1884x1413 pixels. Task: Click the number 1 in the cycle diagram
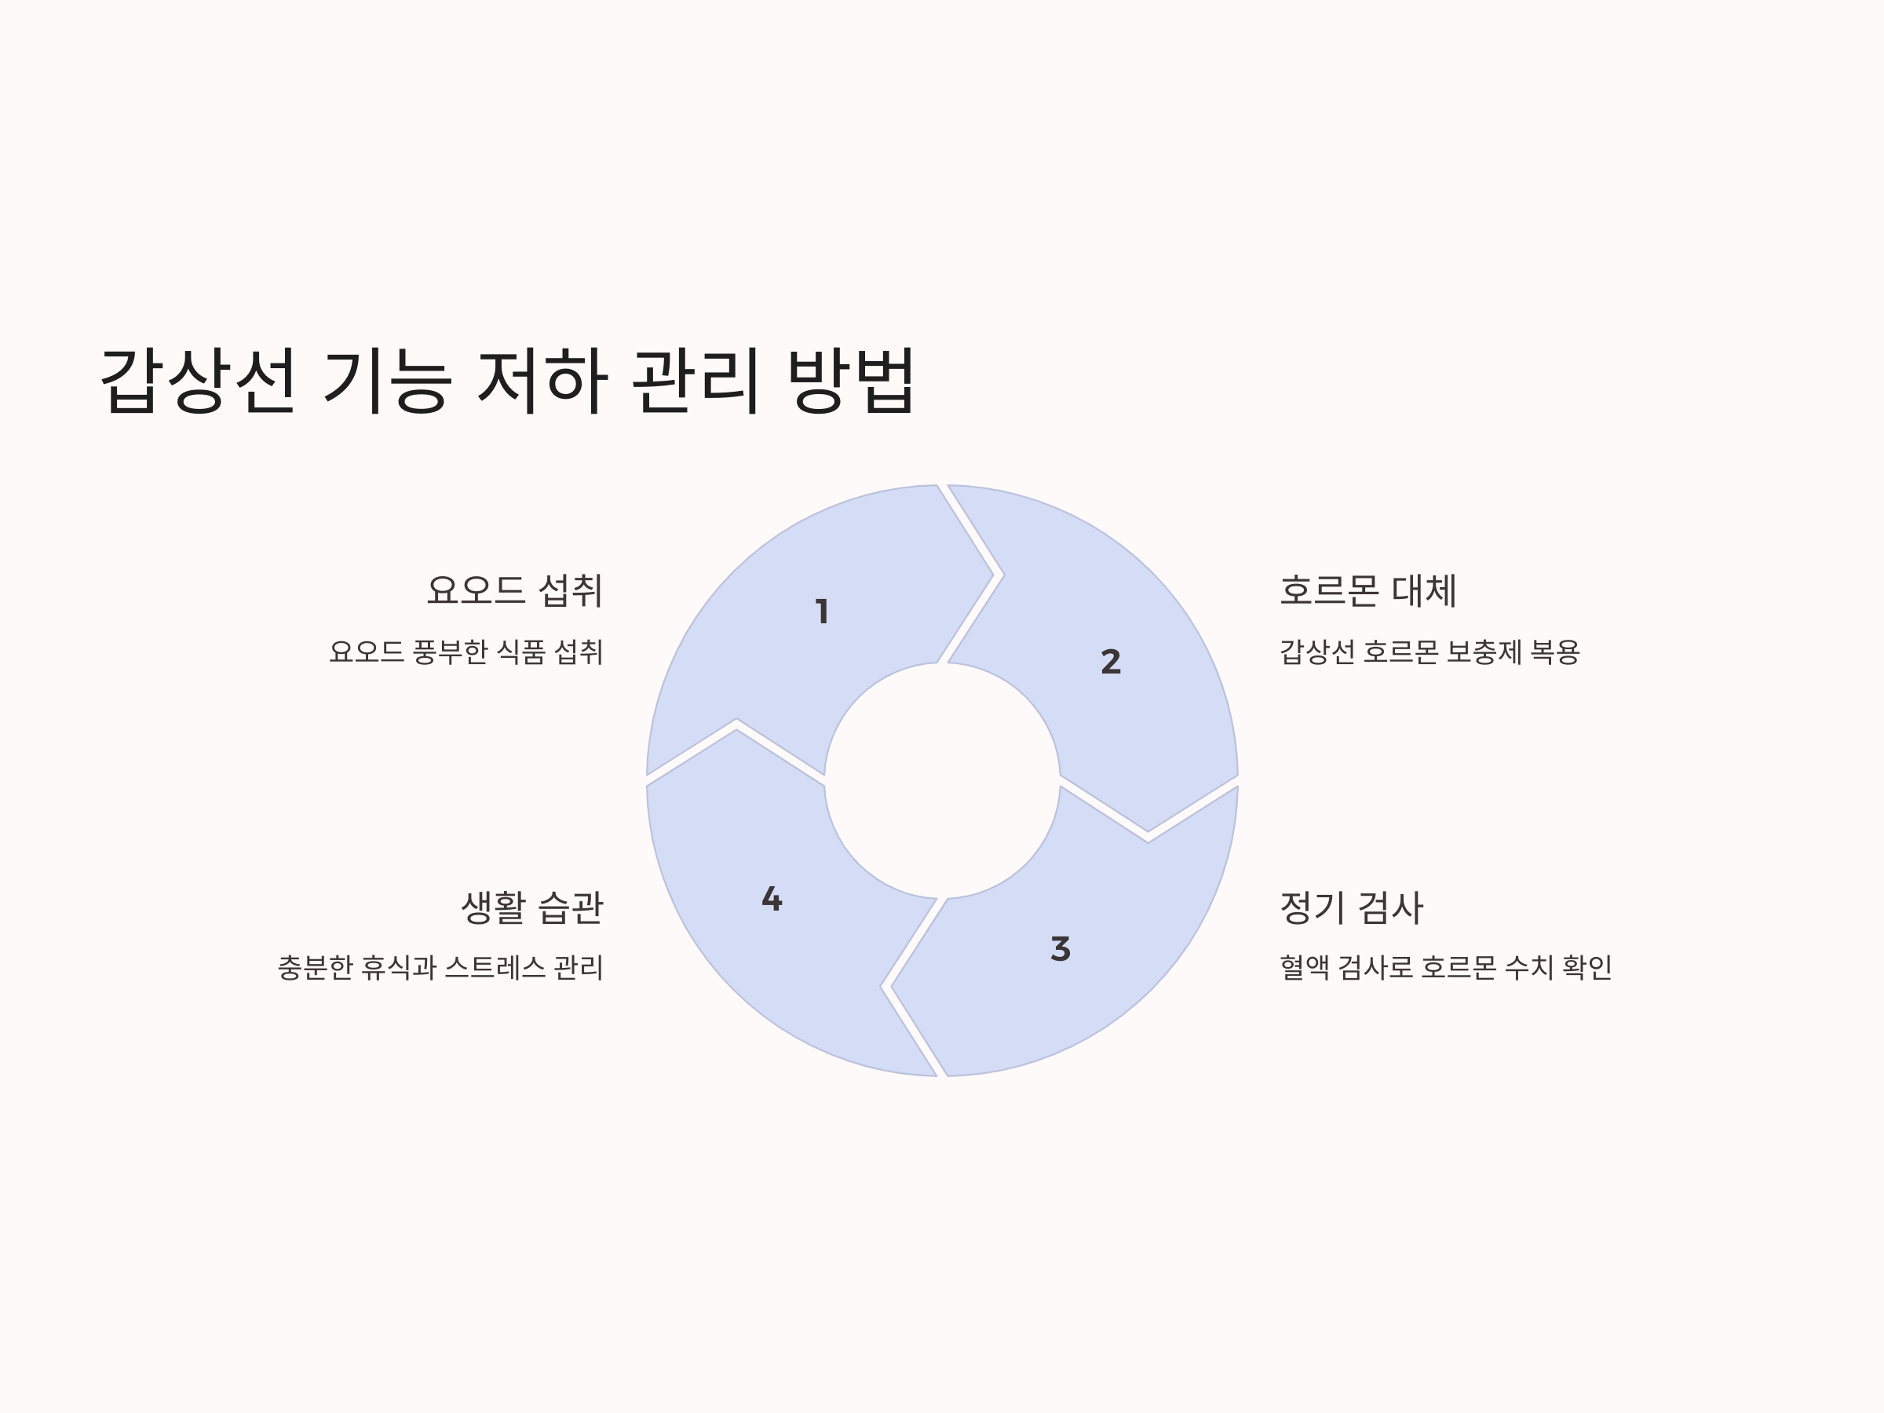pyautogui.click(x=822, y=612)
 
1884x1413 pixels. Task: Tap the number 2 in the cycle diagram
pyautogui.click(x=1111, y=662)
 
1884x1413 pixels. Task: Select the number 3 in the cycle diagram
pyautogui.click(x=1061, y=949)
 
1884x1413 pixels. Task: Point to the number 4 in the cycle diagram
pyautogui.click(x=772, y=899)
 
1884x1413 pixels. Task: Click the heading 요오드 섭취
pyautogui.click(x=514, y=591)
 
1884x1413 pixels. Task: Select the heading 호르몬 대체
pyautogui.click(x=1367, y=591)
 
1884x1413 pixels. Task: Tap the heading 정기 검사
pyautogui.click(x=1351, y=907)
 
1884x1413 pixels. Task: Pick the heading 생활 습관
pyautogui.click(x=531, y=907)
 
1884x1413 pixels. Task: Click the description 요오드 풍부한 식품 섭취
pyautogui.click(x=466, y=652)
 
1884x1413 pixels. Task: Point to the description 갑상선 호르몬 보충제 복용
pyautogui.click(x=1429, y=652)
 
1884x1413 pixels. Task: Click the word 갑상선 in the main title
pyautogui.click(x=199, y=380)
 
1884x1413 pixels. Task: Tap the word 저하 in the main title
pyautogui.click(x=542, y=380)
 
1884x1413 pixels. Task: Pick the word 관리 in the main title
pyautogui.click(x=696, y=380)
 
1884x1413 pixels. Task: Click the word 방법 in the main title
pyautogui.click(x=851, y=380)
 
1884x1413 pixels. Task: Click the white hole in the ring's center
pyautogui.click(x=942, y=780)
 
